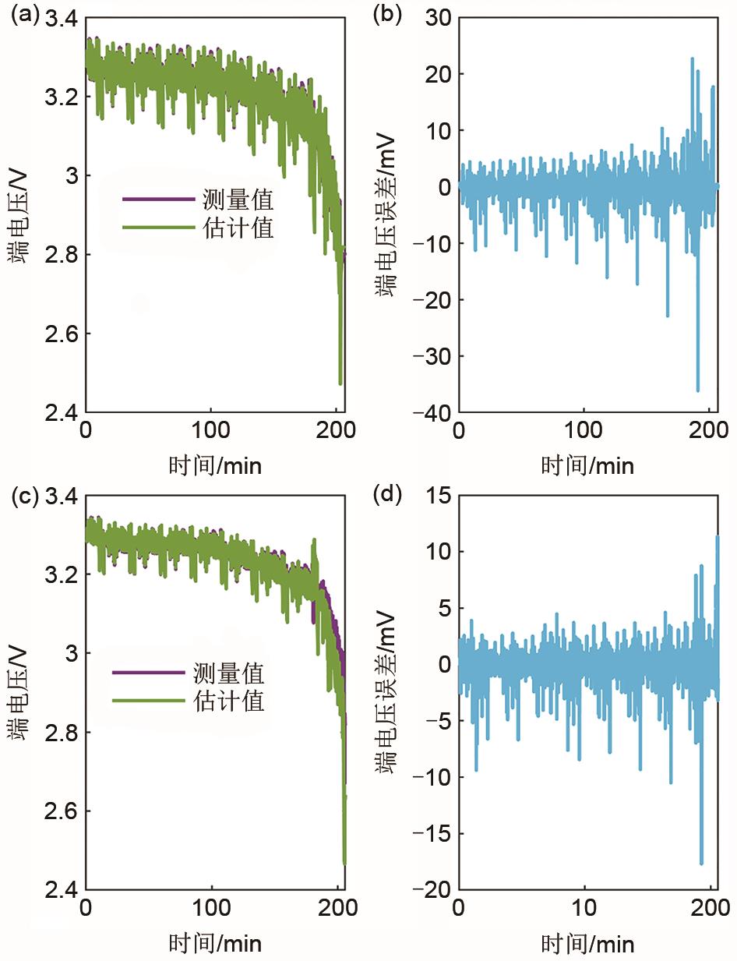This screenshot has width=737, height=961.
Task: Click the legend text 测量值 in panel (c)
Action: click(x=231, y=673)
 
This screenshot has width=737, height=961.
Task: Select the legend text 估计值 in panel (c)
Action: click(x=231, y=701)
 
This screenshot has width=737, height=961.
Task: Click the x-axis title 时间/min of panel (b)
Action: click(x=587, y=466)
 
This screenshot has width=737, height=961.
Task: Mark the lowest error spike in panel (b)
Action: click(x=697, y=390)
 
